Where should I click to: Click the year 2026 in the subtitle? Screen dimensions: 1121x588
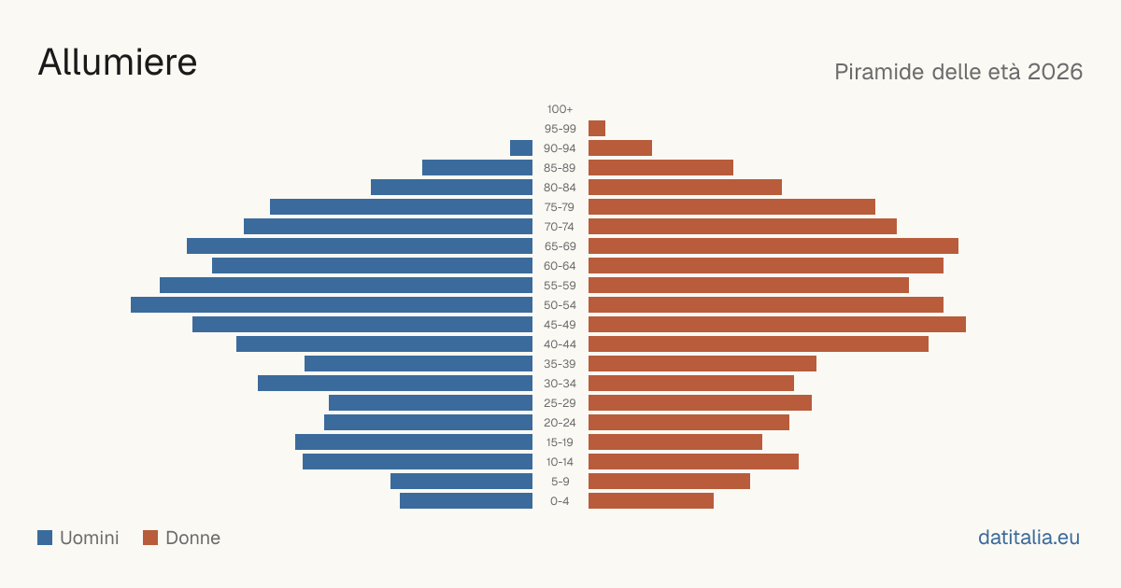tap(1055, 72)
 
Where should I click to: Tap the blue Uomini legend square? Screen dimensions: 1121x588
tap(45, 538)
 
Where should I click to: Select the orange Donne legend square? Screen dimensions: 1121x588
tap(150, 538)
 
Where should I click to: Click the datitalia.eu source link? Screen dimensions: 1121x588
tap(1029, 538)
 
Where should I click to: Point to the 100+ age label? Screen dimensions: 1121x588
tap(560, 109)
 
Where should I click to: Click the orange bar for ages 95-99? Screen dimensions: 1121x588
tap(597, 129)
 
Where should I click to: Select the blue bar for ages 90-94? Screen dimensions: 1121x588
tap(521, 148)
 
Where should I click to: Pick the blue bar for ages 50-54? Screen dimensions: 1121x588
tap(332, 305)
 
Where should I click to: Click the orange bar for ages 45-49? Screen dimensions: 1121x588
tap(777, 325)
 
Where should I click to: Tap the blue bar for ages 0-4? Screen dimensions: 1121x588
tap(466, 501)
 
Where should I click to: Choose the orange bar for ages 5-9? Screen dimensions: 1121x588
tap(669, 482)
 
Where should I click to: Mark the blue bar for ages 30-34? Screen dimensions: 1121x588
tap(395, 384)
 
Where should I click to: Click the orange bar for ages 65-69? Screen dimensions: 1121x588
tap(773, 246)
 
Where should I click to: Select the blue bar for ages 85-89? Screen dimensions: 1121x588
tap(477, 167)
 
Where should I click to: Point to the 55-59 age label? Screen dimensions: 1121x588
tap(560, 286)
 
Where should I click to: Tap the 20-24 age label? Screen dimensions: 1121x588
tap(560, 423)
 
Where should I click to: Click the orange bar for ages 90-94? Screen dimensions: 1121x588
tap(620, 148)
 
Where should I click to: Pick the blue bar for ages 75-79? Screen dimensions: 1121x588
tap(401, 207)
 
